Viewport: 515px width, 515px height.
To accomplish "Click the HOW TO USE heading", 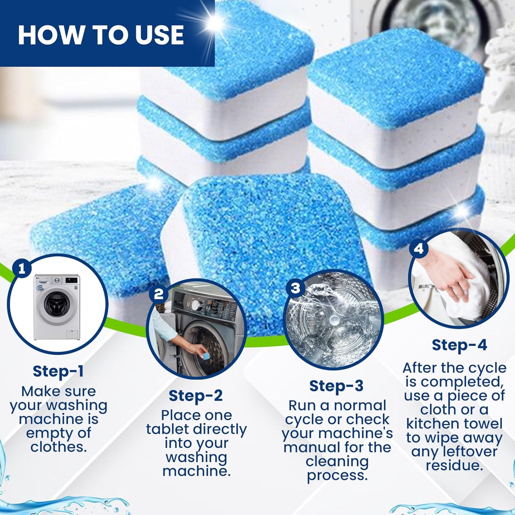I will tap(101, 35).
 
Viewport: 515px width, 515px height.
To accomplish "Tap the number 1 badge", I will tap(22, 269).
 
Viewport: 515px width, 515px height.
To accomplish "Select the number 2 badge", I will tap(159, 294).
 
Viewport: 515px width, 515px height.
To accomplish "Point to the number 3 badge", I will tap(295, 288).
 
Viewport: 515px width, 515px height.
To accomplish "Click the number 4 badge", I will tap(419, 248).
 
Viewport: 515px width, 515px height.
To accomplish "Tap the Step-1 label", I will tap(58, 371).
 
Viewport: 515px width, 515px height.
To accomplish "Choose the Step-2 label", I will tap(196, 396).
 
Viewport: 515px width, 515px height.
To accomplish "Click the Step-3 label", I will tap(336, 386).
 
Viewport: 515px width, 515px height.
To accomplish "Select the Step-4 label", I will tap(459, 345).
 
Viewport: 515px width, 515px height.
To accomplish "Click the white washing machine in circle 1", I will tap(57, 307).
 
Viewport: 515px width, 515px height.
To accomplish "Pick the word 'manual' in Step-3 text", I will tap(309, 448).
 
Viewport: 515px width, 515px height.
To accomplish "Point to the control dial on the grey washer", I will tap(195, 305).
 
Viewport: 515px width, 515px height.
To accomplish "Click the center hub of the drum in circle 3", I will tap(335, 320).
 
